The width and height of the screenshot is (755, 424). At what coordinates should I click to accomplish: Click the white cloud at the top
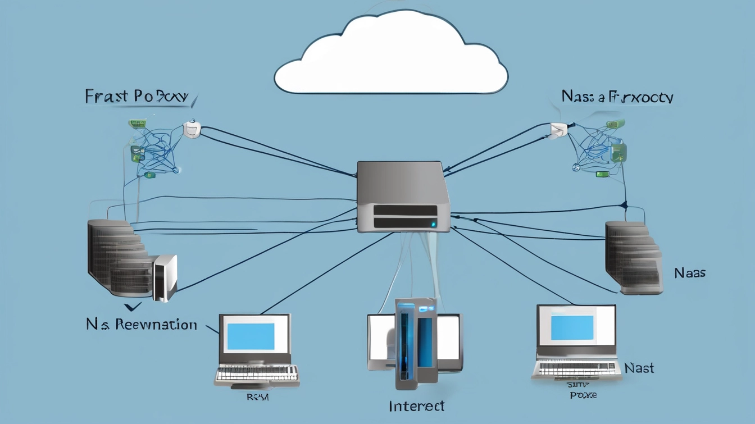(391, 56)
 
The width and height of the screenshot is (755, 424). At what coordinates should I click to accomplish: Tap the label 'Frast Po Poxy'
(136, 96)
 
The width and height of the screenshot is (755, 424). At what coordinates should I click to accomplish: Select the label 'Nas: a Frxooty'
(617, 97)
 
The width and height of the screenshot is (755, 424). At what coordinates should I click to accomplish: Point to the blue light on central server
(433, 224)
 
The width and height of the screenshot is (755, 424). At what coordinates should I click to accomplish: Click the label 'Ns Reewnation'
(142, 324)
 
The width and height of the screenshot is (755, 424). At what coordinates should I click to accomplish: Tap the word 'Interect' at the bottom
(416, 405)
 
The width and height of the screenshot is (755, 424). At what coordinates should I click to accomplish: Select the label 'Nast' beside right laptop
(639, 368)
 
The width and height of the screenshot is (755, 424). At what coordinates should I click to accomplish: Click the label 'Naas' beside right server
(689, 273)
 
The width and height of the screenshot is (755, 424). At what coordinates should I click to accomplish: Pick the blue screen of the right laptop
(572, 327)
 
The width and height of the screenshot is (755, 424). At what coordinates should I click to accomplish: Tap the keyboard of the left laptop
(257, 375)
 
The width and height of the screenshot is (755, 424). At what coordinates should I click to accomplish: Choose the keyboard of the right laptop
(576, 369)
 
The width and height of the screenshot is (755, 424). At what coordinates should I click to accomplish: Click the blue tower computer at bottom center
(416, 343)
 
